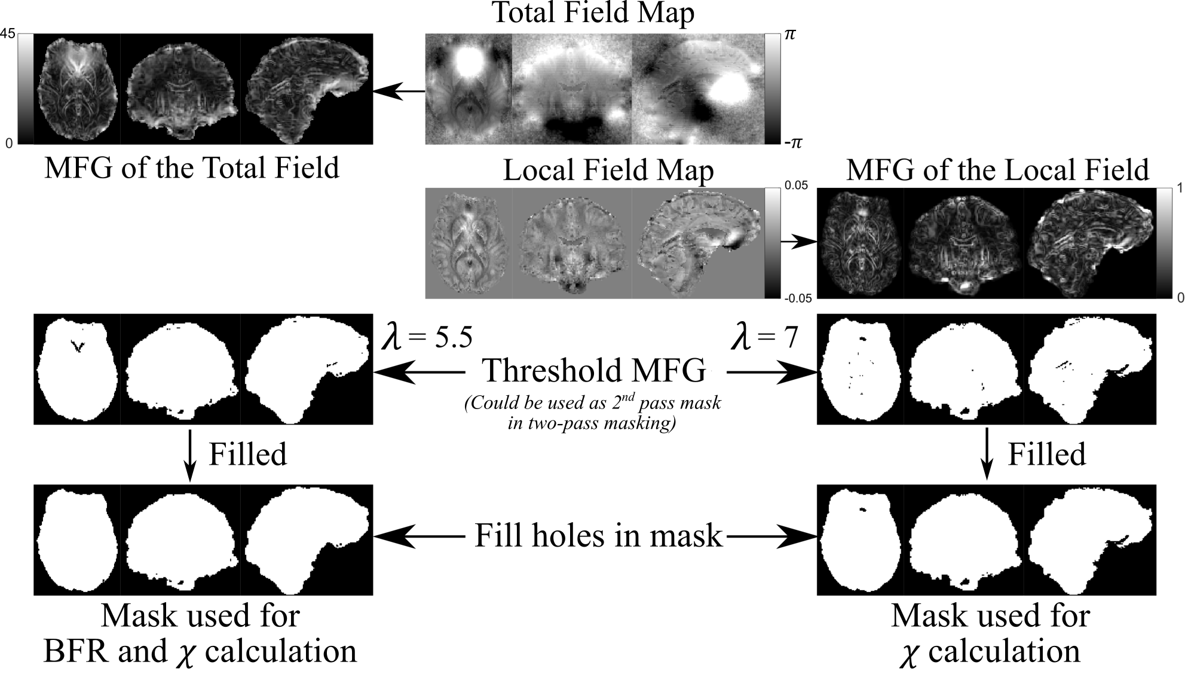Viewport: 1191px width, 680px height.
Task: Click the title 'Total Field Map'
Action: tap(593, 13)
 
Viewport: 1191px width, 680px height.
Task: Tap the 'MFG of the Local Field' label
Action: tap(997, 170)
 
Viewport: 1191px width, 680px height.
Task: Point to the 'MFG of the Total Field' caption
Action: tap(192, 167)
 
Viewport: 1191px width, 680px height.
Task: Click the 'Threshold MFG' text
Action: tap(594, 371)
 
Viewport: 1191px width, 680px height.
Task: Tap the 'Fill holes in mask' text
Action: tap(598, 535)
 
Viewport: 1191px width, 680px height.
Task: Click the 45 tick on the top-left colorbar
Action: tap(8, 34)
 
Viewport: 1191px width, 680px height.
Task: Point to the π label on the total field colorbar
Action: tap(790, 34)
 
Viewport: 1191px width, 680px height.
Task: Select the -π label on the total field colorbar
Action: tap(793, 143)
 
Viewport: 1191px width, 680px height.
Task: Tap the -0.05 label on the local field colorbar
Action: tap(797, 298)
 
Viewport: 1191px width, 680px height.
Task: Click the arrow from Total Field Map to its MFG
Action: tap(399, 92)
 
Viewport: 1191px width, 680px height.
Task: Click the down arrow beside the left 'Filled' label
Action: tap(189, 455)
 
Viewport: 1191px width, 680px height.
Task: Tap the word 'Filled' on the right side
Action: tap(1047, 455)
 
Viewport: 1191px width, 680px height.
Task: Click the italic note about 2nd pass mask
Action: tap(592, 413)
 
